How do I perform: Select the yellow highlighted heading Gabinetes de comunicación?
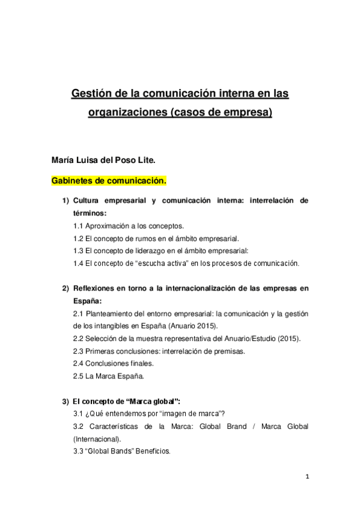tap(109, 180)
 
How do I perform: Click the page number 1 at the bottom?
tap(306, 477)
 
